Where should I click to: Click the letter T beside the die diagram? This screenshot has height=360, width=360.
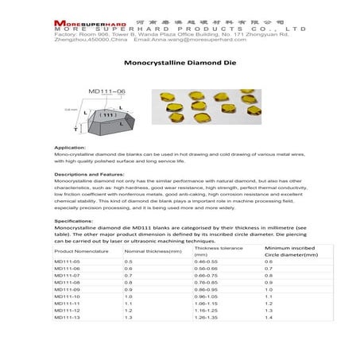click(x=75, y=130)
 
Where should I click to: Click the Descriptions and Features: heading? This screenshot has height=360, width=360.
click(x=91, y=173)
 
